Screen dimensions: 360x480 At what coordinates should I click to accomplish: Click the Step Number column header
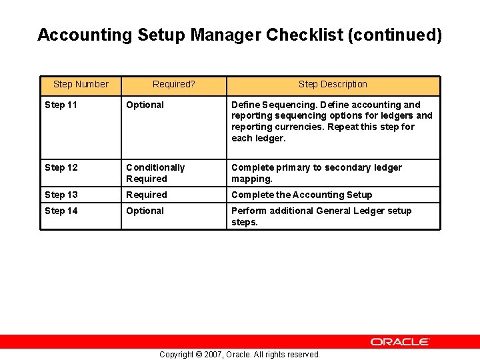(81, 84)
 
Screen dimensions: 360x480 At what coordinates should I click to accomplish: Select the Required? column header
(173, 84)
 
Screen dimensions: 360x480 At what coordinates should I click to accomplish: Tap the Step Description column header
(333, 84)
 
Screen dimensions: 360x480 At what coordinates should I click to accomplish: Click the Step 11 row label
(61, 105)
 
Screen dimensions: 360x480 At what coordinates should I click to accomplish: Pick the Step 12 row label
(61, 167)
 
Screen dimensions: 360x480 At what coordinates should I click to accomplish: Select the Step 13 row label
(61, 195)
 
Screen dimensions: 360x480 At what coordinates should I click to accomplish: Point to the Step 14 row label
(61, 211)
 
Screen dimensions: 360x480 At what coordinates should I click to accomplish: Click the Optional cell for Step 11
(145, 105)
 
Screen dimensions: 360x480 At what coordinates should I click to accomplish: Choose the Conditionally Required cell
(155, 173)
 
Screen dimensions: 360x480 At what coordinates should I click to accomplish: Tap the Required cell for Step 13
(147, 195)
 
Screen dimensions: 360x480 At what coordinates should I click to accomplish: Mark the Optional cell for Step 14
(145, 211)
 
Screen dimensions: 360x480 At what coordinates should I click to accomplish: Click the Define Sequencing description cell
(331, 121)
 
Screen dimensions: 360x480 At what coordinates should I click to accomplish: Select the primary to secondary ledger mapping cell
(317, 173)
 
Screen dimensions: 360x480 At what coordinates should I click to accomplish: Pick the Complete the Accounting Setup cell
(301, 195)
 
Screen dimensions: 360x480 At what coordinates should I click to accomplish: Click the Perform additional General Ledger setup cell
(321, 216)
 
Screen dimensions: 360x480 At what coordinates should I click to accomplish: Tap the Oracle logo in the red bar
(400, 341)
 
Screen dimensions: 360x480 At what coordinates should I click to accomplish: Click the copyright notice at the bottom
(239, 355)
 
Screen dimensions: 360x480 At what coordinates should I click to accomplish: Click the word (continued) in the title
(395, 35)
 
